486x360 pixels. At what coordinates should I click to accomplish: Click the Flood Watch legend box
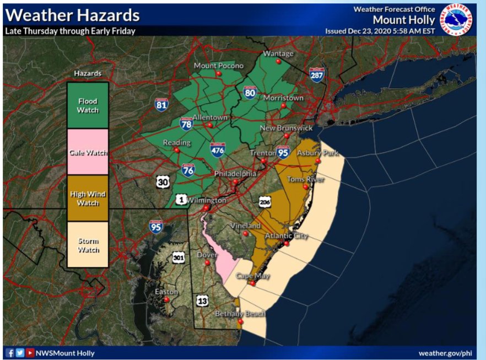tap(88, 105)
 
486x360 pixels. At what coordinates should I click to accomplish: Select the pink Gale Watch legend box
tap(88, 152)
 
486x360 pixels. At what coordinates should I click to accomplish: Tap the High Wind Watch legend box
tap(88, 198)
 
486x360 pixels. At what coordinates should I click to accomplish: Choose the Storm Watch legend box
tap(88, 245)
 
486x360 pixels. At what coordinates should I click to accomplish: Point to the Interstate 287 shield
tap(316, 74)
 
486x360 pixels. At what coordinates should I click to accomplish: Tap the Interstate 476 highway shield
tap(217, 149)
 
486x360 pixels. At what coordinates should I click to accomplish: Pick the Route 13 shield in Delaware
tap(202, 300)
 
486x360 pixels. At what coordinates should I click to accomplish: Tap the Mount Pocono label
tap(218, 66)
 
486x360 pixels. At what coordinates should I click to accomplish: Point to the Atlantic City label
tap(286, 236)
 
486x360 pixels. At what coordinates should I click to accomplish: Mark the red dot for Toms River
tap(305, 187)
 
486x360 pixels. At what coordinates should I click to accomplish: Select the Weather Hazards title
tap(72, 15)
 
